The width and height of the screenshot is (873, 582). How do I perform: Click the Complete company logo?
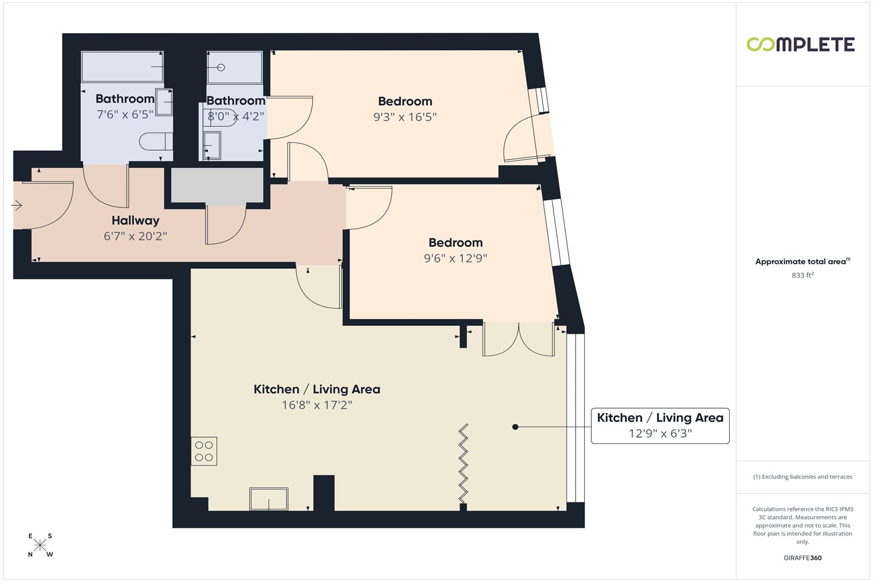tap(800, 44)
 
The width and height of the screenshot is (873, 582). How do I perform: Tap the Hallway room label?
tap(135, 221)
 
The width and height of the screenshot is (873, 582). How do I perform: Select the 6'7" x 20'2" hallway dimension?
tap(135, 236)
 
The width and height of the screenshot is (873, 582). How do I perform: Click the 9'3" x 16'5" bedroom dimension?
tap(405, 117)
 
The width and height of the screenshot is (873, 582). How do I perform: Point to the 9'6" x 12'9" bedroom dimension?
tap(456, 258)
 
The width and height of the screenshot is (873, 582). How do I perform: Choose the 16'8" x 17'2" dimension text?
tap(317, 405)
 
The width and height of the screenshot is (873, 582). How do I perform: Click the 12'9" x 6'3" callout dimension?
tap(660, 434)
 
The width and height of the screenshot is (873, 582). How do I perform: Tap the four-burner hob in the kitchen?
tap(204, 451)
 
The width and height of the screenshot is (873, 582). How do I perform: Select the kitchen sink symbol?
tap(268, 499)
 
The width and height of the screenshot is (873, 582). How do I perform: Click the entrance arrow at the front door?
tap(16, 205)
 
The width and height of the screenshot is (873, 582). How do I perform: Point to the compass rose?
tap(40, 545)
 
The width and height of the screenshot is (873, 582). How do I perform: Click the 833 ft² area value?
tap(803, 275)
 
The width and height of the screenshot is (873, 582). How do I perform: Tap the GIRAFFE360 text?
tap(803, 558)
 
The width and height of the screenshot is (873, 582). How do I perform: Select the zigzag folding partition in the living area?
tap(463, 463)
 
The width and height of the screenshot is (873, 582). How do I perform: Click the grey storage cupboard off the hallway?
tap(217, 185)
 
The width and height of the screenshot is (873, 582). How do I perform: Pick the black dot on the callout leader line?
tap(515, 427)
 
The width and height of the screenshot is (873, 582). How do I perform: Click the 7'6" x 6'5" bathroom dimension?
tap(125, 115)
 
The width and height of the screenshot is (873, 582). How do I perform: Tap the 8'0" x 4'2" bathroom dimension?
tap(236, 116)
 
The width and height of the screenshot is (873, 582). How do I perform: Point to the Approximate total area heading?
tap(803, 261)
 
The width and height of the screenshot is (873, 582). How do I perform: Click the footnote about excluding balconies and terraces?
tap(803, 477)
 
